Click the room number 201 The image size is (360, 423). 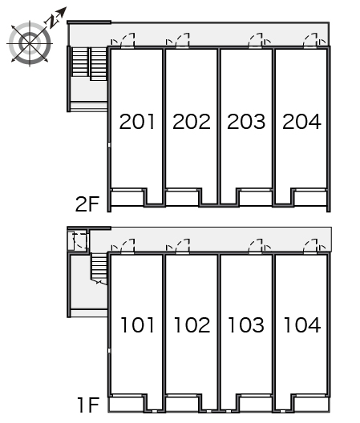coord(137,122)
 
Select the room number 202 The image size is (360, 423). coord(192,122)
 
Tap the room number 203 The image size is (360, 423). coord(246,122)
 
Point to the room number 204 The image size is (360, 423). coord(301,122)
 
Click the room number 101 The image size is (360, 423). coord(137,324)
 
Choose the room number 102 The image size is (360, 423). coord(192,324)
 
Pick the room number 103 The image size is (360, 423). coord(246,324)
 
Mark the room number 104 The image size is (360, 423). coord(301,324)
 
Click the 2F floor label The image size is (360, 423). coord(87,204)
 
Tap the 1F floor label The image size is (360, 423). coord(88,405)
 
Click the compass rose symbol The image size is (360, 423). coord(30,43)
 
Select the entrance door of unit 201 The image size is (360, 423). coord(127,41)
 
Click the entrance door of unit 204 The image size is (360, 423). coord(310,41)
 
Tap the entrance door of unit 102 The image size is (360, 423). coord(183,246)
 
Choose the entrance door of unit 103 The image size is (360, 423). coord(255,246)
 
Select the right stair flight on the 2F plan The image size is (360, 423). coord(99,64)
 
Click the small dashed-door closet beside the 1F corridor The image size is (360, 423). coord(78,240)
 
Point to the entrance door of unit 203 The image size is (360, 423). coord(255,41)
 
